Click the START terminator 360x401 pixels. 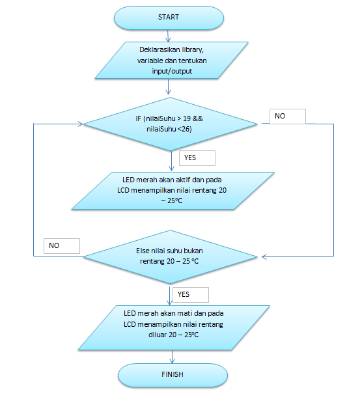tap(169, 18)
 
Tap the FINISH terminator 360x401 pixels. tap(173, 375)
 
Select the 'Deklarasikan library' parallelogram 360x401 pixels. tap(171, 60)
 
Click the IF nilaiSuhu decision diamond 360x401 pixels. tap(170, 124)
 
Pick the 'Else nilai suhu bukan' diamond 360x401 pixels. tap(170, 256)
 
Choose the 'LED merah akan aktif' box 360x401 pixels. tap(173, 191)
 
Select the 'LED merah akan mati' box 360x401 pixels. tap(174, 327)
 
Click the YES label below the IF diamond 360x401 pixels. tap(190, 158)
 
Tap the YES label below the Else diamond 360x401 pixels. tap(184, 294)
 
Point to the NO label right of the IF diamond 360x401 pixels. tap(280, 116)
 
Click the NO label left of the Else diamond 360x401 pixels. tap(54, 245)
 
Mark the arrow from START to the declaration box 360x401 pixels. tap(168, 36)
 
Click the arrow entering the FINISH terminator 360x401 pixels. tap(173, 357)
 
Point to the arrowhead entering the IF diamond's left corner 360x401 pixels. tap(80, 124)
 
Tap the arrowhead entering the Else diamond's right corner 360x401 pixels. tap(264, 256)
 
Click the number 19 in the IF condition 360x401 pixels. tap(187, 118)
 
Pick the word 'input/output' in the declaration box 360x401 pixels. tap(172, 71)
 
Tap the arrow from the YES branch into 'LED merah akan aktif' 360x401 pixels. tap(172, 161)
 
